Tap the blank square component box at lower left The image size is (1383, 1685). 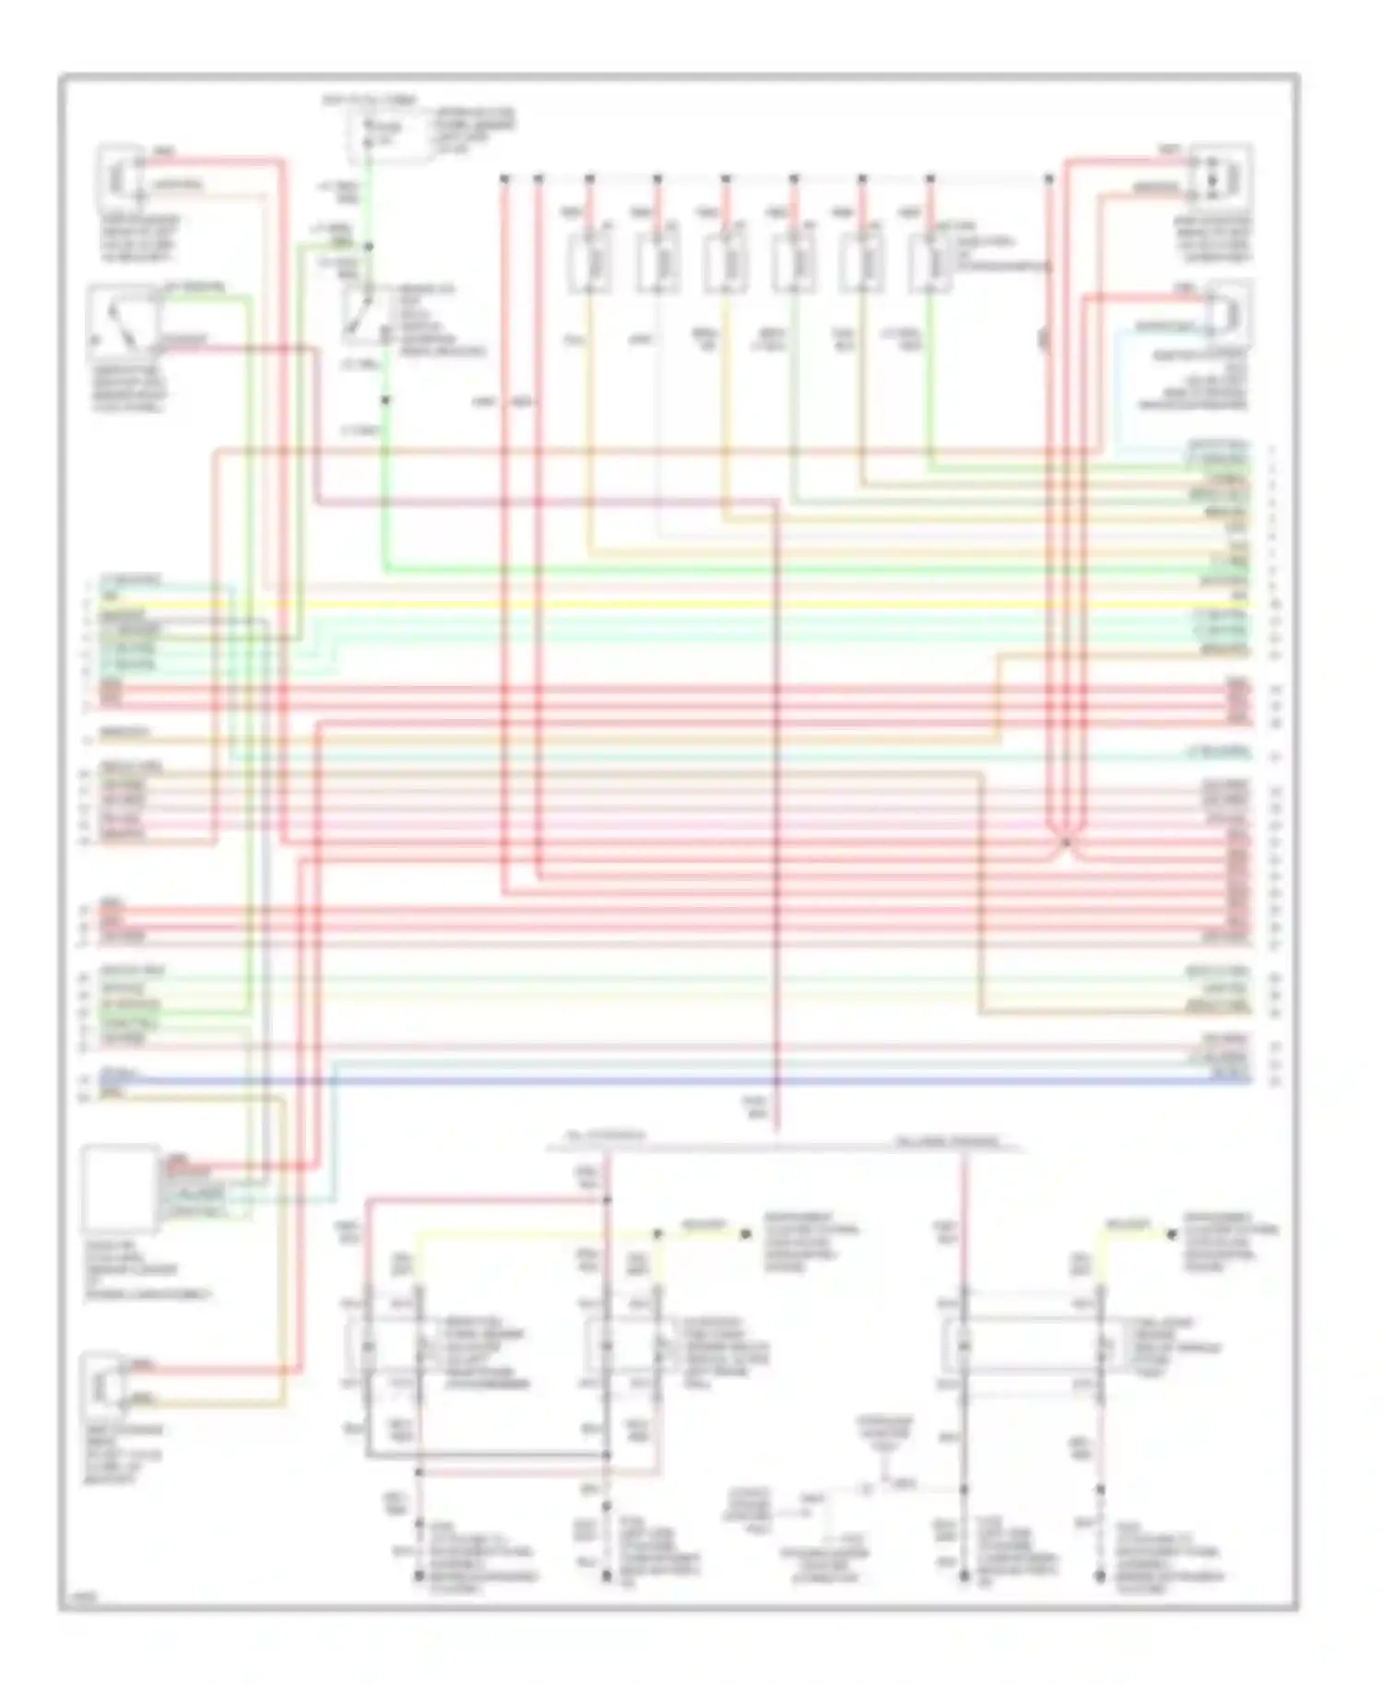(x=120, y=1189)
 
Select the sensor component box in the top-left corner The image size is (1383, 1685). (x=121, y=176)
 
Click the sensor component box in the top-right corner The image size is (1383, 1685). (x=1218, y=173)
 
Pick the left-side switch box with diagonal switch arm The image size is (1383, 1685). (x=123, y=324)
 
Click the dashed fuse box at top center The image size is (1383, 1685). (x=387, y=134)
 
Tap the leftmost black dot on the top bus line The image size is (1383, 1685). (x=504, y=177)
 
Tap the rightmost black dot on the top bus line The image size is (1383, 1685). (x=1048, y=177)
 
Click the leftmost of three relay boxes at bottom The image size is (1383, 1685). (x=392, y=1348)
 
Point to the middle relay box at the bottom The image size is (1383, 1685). (x=632, y=1348)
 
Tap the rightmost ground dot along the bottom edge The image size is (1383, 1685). (x=1101, y=1577)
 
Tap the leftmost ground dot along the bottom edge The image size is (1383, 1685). (x=419, y=1577)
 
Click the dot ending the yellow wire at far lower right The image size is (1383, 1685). (x=1171, y=1233)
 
